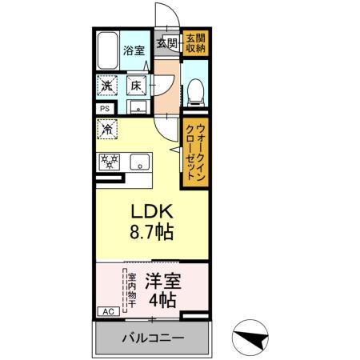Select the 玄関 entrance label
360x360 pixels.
coord(166,42)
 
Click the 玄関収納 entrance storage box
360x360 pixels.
coord(194,42)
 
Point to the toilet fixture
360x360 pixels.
coord(194,93)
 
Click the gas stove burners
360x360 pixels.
coord(109,162)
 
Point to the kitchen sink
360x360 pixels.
coord(138,162)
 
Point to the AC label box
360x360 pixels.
coord(106,312)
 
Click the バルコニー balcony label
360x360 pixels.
coord(152,337)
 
